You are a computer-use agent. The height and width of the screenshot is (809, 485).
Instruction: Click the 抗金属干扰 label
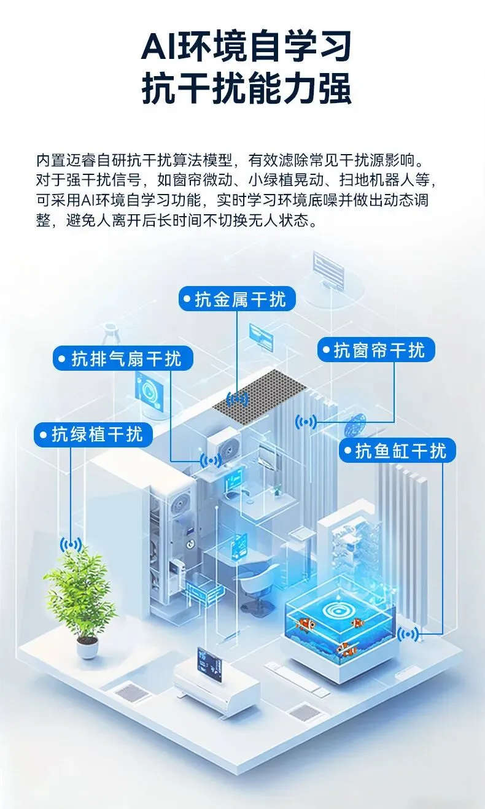coord(237,300)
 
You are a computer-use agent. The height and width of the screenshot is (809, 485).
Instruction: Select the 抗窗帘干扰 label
coord(376,350)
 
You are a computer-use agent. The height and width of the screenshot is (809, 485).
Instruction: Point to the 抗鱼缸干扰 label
coord(397,451)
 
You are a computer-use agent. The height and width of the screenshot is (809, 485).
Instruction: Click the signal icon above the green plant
coord(71,544)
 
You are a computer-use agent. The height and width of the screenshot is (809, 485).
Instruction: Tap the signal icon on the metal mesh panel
coord(238,400)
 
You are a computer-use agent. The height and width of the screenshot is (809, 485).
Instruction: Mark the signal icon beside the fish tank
coord(408,634)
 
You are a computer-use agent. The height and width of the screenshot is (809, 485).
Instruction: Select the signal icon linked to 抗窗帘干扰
coord(306,422)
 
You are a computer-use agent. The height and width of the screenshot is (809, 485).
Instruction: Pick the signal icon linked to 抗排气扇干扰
coord(211,459)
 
